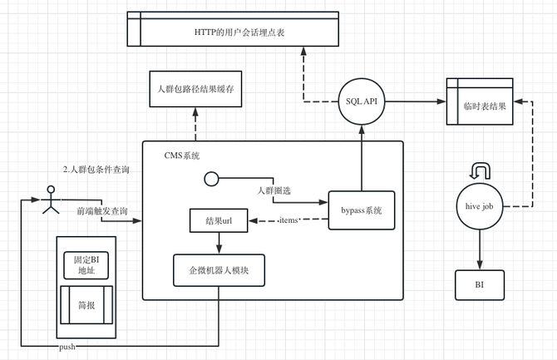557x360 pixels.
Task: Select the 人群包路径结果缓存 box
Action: point(195,91)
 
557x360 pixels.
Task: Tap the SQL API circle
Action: point(362,101)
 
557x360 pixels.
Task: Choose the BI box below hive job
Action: point(479,285)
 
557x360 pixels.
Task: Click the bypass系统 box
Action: point(361,211)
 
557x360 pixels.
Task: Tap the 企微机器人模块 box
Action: point(219,269)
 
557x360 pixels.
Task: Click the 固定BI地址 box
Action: point(86,264)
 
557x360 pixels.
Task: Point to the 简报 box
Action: point(86,305)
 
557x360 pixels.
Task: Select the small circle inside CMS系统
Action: point(211,178)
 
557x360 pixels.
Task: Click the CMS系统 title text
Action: point(182,155)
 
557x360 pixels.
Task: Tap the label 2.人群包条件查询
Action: point(96,170)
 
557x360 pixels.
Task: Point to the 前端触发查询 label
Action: point(102,211)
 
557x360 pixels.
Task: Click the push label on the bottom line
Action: point(67,345)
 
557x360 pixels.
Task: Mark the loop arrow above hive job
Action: point(481,170)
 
